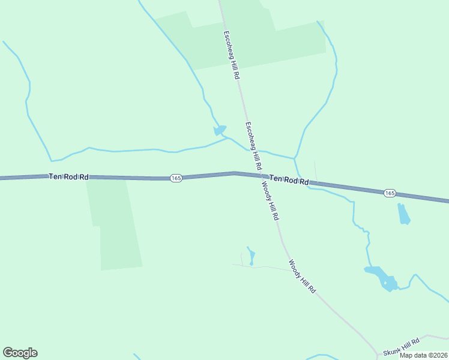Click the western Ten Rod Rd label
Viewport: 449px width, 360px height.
pos(69,176)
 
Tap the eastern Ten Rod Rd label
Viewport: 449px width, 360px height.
pos(289,179)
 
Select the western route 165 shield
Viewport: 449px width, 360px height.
pos(175,178)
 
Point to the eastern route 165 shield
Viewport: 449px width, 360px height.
pos(390,193)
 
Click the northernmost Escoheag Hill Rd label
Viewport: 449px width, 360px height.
pos(232,56)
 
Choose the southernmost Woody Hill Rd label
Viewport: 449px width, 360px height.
pos(302,276)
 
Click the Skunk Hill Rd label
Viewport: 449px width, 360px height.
pos(401,346)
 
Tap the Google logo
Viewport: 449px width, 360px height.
pos(20,353)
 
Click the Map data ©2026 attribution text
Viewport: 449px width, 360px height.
pos(423,355)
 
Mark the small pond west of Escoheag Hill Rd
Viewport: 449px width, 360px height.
pos(220,130)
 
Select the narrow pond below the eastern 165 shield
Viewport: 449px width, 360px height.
pos(403,214)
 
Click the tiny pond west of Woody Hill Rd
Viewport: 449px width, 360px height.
pos(252,256)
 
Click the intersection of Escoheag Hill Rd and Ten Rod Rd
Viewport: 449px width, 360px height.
pos(262,175)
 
